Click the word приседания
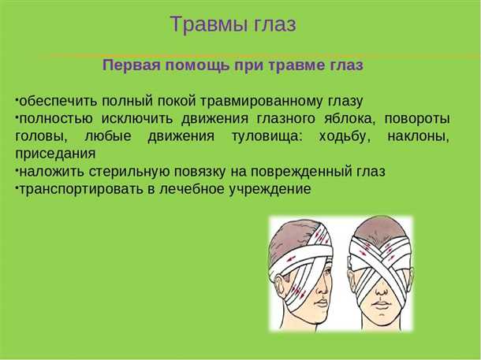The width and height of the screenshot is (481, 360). (x=55, y=154)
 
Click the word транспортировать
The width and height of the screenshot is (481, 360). (x=76, y=189)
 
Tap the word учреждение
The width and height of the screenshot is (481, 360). (x=273, y=189)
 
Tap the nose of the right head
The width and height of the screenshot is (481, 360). (x=381, y=284)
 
